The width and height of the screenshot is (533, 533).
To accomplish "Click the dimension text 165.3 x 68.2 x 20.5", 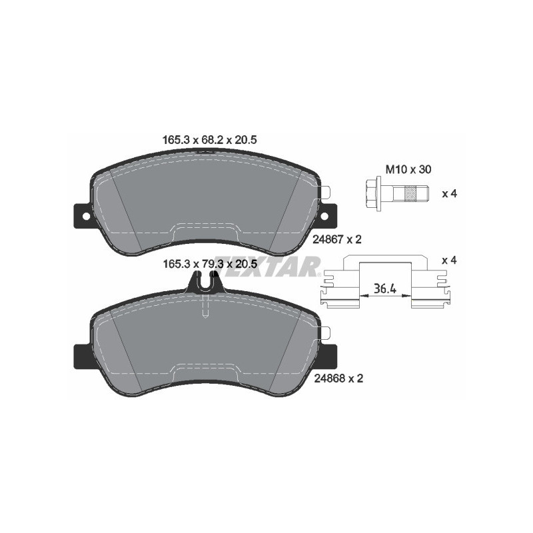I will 209,140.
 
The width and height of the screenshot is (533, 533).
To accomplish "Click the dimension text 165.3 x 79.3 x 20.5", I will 209,265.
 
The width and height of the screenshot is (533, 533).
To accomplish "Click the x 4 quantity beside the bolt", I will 449,194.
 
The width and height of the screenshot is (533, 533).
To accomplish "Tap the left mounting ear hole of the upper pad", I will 82,216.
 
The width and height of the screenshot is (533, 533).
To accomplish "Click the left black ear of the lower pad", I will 81,355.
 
